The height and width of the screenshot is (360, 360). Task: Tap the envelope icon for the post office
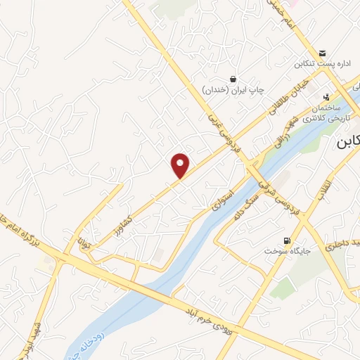coord(322,53)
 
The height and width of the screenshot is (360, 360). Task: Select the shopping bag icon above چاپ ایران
coord(233,79)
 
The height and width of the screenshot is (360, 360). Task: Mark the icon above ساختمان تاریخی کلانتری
coord(326,97)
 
